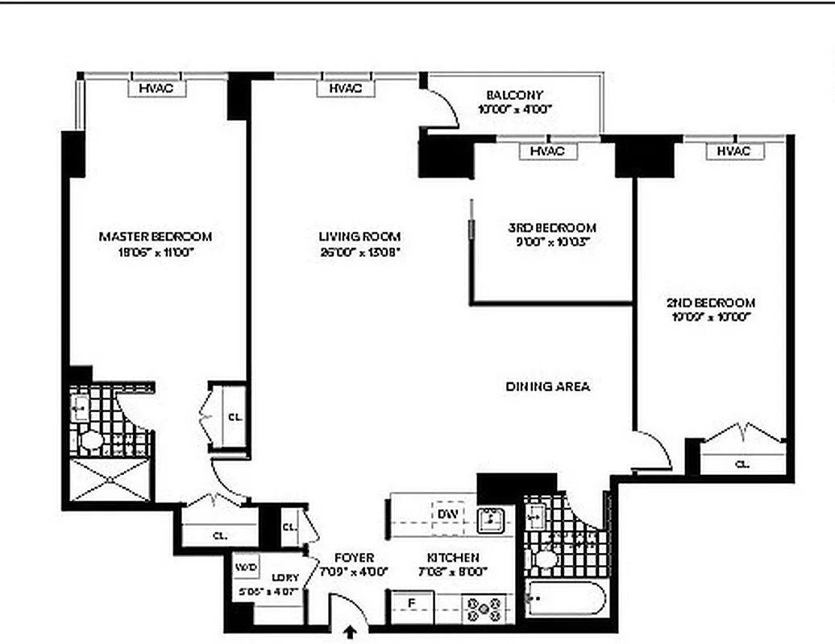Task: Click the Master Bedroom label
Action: point(156,237)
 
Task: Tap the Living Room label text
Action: point(359,237)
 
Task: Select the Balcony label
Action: point(514,95)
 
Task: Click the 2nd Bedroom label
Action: point(710,303)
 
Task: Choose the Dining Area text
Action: point(547,386)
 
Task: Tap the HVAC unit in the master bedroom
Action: point(156,89)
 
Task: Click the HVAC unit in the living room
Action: point(345,89)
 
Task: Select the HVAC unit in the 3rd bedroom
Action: point(546,151)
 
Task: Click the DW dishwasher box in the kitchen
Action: point(447,514)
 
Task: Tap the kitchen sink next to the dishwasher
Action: point(490,520)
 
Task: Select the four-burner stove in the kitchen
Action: point(484,609)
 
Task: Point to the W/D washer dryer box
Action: point(246,568)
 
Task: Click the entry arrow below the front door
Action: point(351,634)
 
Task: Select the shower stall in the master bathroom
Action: point(110,480)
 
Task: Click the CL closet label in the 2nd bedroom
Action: point(741,464)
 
